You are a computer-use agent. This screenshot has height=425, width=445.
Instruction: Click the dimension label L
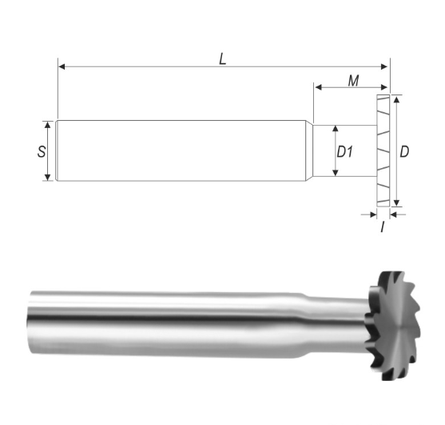(223, 59)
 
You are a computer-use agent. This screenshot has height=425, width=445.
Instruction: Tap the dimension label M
(353, 81)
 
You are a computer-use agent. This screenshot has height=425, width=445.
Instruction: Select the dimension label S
(42, 151)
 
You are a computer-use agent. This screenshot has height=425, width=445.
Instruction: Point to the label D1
(345, 151)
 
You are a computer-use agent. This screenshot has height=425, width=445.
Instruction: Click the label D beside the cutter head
(404, 151)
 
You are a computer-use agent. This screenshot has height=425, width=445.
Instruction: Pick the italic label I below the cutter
(383, 227)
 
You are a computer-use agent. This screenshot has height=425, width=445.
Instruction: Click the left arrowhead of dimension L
(62, 66)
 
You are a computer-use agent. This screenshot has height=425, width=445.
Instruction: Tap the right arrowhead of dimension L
(384, 66)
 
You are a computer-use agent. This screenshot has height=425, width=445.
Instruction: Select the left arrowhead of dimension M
(318, 87)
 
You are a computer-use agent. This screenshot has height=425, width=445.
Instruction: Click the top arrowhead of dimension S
(48, 125)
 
